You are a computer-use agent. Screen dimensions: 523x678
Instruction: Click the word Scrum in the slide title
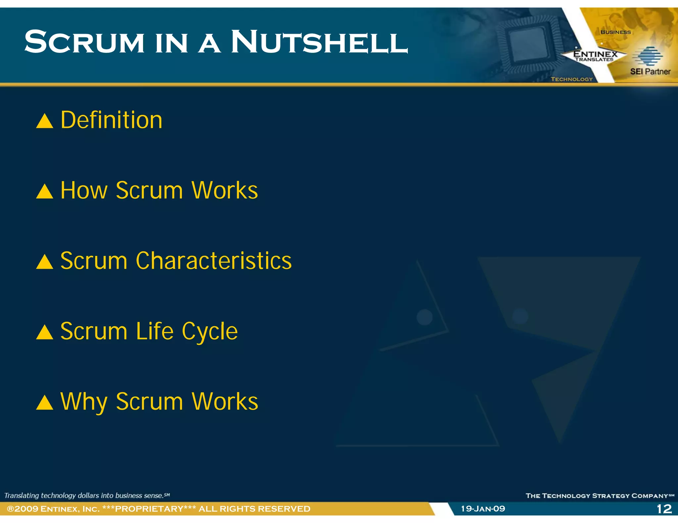tap(84, 42)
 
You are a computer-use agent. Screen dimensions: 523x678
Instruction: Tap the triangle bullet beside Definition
tap(44, 121)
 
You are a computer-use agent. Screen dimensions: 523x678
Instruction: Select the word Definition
tap(111, 120)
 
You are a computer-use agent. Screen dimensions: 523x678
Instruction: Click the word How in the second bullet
tap(84, 190)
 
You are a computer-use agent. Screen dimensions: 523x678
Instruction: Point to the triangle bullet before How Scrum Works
tap(44, 191)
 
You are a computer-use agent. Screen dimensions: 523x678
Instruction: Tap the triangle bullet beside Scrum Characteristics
tap(44, 262)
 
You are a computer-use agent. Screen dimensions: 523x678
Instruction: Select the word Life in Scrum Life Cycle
tap(155, 331)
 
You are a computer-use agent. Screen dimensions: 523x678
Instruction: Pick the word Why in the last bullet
tap(84, 402)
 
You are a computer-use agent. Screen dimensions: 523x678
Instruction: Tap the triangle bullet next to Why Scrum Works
tap(44, 403)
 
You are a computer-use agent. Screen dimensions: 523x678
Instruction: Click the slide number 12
tap(664, 509)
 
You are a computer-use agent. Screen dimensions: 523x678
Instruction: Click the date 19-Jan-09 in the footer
tap(483, 509)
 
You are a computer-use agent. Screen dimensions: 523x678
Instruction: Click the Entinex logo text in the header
tap(595, 54)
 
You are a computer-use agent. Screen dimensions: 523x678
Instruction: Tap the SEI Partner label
tap(650, 71)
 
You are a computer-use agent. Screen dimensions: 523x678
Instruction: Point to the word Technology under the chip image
tap(572, 79)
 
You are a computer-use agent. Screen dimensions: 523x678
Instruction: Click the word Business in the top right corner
tap(616, 32)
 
